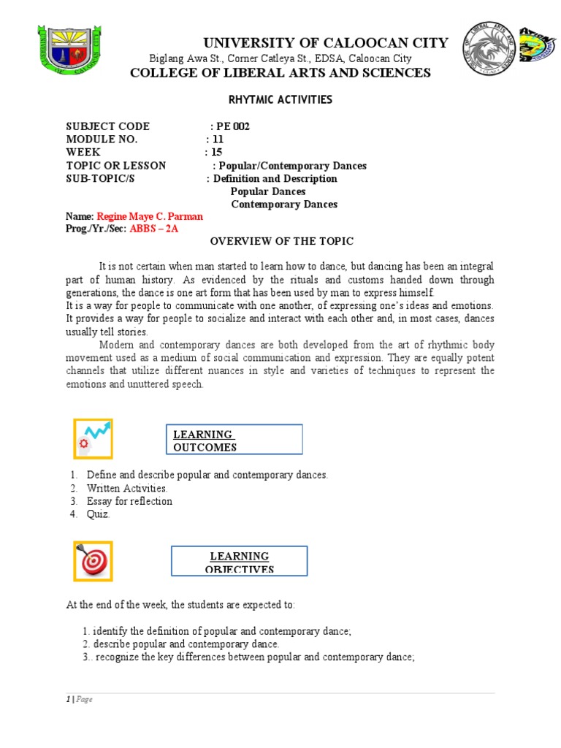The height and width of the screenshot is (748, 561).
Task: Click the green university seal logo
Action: [69, 49]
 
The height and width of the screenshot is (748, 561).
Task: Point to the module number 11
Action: [218, 140]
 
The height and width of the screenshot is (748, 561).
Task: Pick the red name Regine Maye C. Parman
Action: [150, 217]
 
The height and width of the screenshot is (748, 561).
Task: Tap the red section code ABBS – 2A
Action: [154, 229]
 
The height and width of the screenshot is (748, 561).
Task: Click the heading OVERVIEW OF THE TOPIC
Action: [282, 242]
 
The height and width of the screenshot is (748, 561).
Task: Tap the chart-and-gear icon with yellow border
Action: [92, 438]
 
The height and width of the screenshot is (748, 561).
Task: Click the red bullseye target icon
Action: [92, 561]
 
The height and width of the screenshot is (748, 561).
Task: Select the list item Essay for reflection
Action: [129, 501]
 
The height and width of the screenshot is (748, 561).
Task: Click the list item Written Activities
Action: [127, 488]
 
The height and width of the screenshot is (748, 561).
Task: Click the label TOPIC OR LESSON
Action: [115, 166]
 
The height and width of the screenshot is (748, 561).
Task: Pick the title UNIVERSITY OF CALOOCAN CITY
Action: [280, 42]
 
